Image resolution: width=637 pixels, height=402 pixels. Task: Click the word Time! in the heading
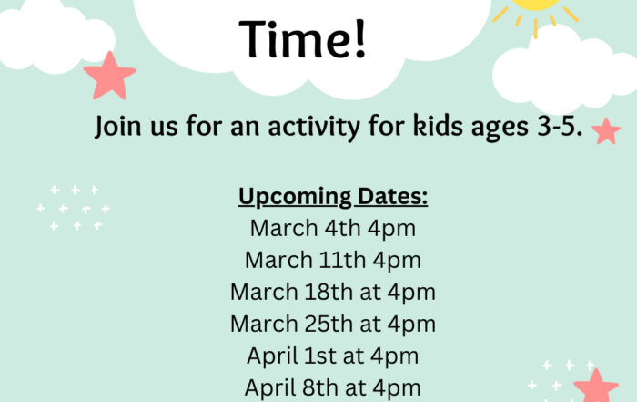[x=303, y=39]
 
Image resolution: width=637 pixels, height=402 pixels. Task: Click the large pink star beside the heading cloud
[x=110, y=76]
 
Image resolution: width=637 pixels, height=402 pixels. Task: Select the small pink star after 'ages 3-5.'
[x=606, y=131]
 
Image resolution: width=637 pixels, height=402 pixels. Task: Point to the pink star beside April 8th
[x=596, y=387]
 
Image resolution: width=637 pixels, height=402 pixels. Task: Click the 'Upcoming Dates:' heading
[x=333, y=197]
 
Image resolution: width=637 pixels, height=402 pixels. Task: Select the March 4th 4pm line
[x=333, y=228]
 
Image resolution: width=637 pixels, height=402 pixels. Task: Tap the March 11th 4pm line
[x=333, y=260]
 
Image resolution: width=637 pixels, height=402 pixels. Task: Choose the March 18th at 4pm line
[x=333, y=292]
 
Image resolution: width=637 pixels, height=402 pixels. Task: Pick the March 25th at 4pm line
[x=333, y=324]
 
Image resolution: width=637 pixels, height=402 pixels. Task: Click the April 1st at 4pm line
[x=333, y=356]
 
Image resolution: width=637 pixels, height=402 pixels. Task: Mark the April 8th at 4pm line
[x=333, y=387]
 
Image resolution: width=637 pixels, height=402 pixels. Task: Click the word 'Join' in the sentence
[x=117, y=126]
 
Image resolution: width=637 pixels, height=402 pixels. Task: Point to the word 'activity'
[x=314, y=127]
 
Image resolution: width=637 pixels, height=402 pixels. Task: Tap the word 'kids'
[x=438, y=125]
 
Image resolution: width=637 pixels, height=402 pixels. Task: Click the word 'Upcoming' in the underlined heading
[x=295, y=197]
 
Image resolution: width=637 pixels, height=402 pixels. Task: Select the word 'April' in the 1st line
[x=272, y=356]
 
